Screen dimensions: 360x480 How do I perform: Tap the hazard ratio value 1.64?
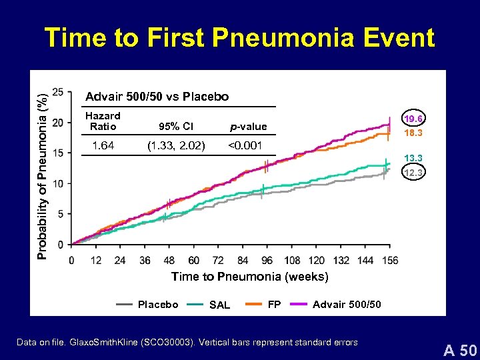pyautogui.click(x=103, y=145)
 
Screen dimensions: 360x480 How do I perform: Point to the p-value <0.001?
pyautogui.click(x=245, y=145)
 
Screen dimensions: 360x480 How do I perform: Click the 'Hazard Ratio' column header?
pyautogui.click(x=103, y=121)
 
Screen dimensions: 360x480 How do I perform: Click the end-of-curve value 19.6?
pyautogui.click(x=413, y=119)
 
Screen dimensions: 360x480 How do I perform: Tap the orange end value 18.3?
pyautogui.click(x=413, y=133)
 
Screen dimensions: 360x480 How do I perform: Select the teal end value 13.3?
pyautogui.click(x=413, y=158)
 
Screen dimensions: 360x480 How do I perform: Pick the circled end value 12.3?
pyautogui.click(x=413, y=173)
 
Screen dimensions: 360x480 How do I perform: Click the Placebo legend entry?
pyautogui.click(x=157, y=305)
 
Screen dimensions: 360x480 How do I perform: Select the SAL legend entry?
pyautogui.click(x=219, y=305)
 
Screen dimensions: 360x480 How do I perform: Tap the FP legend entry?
pyautogui.click(x=273, y=305)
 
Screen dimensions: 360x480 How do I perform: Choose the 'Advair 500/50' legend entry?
pyautogui.click(x=347, y=305)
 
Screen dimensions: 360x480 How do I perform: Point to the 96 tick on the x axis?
pyautogui.click(x=267, y=260)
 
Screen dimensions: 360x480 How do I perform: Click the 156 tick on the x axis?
pyautogui.click(x=391, y=260)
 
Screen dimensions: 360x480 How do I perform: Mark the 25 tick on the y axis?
pyautogui.click(x=58, y=92)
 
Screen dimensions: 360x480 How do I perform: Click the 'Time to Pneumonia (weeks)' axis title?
pyautogui.click(x=249, y=277)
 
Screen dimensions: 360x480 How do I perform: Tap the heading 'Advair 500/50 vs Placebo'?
pyautogui.click(x=157, y=97)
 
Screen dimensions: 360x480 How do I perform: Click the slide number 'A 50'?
pyautogui.click(x=459, y=349)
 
